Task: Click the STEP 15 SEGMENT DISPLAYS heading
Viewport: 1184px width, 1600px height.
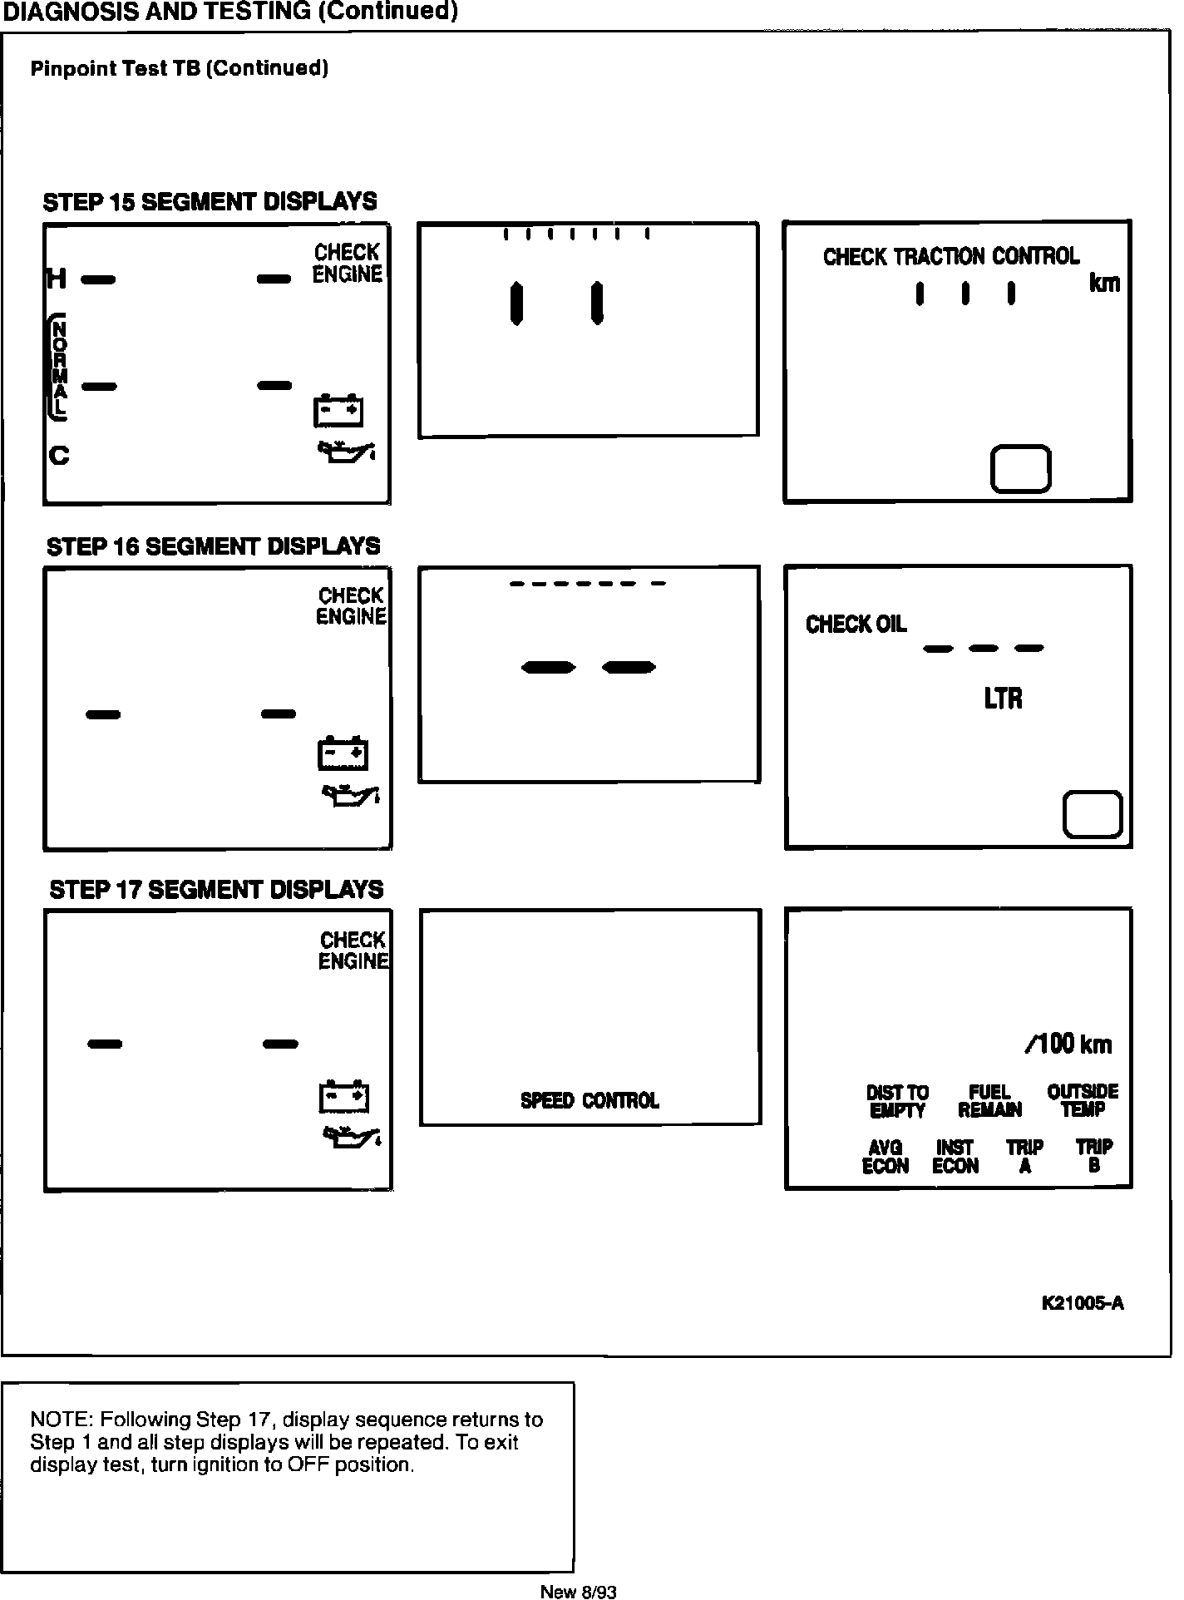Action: click(210, 202)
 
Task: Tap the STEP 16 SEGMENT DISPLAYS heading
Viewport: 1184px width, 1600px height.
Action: click(213, 546)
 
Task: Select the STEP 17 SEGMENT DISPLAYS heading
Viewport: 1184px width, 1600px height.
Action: click(216, 890)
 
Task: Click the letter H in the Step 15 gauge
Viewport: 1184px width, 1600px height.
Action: click(57, 279)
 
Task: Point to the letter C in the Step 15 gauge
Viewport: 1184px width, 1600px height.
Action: click(59, 456)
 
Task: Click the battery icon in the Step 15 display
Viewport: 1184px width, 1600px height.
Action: click(338, 411)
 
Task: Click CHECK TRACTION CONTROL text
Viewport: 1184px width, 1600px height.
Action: click(951, 257)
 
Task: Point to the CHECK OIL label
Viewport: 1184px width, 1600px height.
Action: click(856, 625)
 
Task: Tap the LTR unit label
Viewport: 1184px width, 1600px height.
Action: click(1003, 699)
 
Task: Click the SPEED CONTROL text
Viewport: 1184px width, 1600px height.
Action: click(590, 1101)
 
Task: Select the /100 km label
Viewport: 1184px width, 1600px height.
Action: click(1068, 1044)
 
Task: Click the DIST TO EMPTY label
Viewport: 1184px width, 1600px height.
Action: click(897, 1101)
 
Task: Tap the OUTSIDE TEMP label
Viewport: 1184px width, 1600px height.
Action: click(1083, 1100)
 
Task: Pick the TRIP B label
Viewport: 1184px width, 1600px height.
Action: click(1094, 1157)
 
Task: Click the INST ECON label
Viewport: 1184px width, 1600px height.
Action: click(955, 1157)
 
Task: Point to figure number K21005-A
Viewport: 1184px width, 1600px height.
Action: click(1083, 1304)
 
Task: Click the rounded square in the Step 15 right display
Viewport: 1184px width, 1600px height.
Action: click(1020, 469)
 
